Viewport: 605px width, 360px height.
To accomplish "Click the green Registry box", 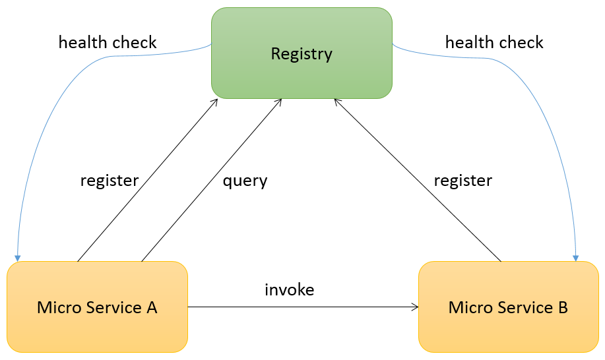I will click(302, 53).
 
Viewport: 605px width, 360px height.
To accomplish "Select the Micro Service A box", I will click(97, 307).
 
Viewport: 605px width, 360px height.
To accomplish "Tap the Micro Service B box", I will click(508, 307).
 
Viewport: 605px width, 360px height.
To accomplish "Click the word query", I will click(245, 181).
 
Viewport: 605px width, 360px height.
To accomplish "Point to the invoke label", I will click(289, 289).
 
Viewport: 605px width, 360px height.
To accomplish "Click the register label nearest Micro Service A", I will click(110, 181).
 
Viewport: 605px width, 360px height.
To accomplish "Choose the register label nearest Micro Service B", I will click(462, 181).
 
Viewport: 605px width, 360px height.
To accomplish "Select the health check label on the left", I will click(108, 43).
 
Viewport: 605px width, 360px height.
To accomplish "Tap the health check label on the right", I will click(494, 43).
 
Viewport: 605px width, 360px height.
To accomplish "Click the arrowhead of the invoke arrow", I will click(416, 307).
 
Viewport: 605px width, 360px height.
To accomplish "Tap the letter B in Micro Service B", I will click(562, 307).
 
